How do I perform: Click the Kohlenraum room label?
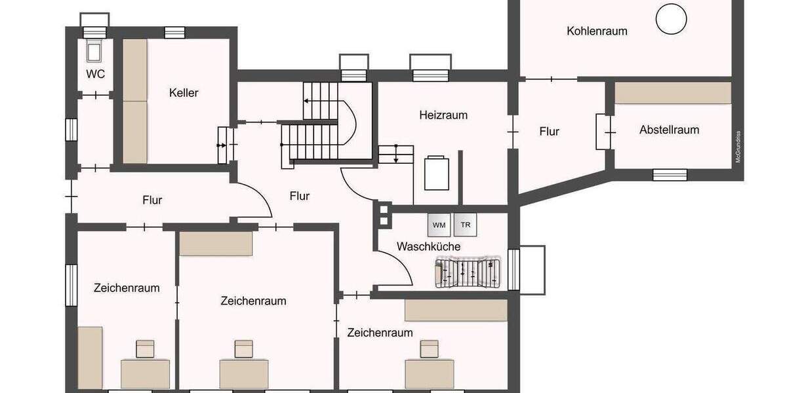pyautogui.click(x=597, y=31)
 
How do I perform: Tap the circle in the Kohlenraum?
pyautogui.click(x=671, y=18)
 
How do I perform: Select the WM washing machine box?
pyautogui.click(x=439, y=225)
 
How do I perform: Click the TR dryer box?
pyautogui.click(x=466, y=225)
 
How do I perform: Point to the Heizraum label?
pyautogui.click(x=443, y=115)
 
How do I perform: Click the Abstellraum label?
pyautogui.click(x=669, y=130)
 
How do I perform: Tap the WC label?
pyautogui.click(x=96, y=74)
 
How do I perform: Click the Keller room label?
pyautogui.click(x=183, y=93)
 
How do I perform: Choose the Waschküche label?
pyautogui.click(x=428, y=247)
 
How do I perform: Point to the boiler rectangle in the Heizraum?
pyautogui.click(x=437, y=173)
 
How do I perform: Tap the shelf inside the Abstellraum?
pyautogui.click(x=672, y=92)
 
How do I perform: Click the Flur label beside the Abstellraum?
pyautogui.click(x=549, y=132)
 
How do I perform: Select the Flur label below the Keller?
pyautogui.click(x=152, y=200)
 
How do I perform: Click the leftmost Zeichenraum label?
pyautogui.click(x=127, y=288)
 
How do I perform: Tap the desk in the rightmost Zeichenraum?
pyautogui.click(x=429, y=373)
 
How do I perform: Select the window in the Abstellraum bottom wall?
pyautogui.click(x=670, y=174)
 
